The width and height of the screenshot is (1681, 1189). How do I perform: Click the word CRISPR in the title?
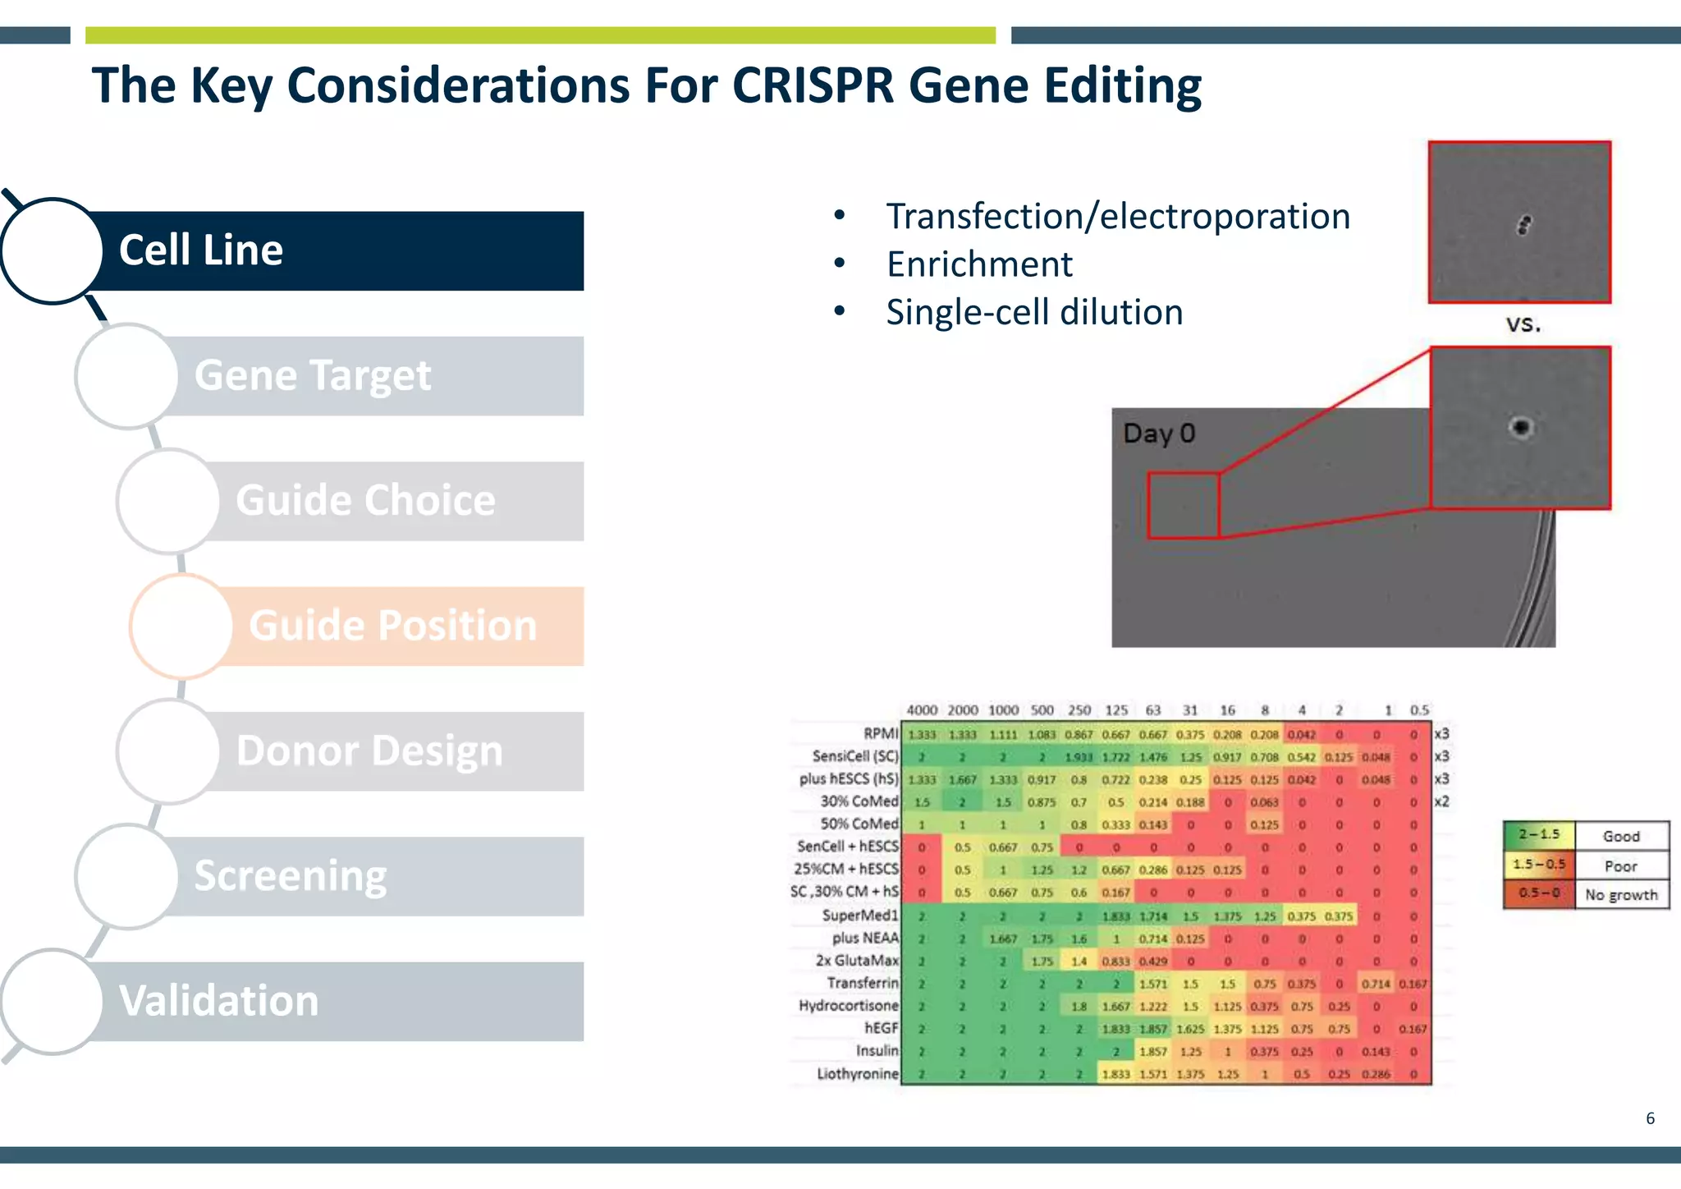[x=812, y=85]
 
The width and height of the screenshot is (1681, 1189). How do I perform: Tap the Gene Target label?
[x=312, y=376]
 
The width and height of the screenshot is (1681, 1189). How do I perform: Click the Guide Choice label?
[x=365, y=501]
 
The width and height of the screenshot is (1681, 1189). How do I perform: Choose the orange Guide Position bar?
[x=394, y=626]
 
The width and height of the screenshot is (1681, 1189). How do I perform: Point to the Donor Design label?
[x=369, y=751]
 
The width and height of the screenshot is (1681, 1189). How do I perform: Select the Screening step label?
[x=290, y=876]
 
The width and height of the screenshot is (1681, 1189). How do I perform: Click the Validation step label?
[x=218, y=1001]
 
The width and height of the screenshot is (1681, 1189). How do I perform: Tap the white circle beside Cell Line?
[x=52, y=250]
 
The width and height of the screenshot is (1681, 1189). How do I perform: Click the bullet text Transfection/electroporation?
[x=1118, y=217]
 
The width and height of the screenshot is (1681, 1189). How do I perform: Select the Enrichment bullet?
[x=979, y=264]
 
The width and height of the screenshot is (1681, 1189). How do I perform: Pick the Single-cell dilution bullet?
[x=1034, y=313]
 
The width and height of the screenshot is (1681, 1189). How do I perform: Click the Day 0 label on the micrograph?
[x=1158, y=434]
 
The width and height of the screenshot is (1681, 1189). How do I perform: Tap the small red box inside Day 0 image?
[x=1183, y=505]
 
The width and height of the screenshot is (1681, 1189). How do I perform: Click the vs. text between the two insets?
[x=1523, y=324]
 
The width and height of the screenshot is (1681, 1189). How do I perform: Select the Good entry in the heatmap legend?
[x=1620, y=836]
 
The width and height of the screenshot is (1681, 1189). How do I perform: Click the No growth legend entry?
[x=1620, y=894]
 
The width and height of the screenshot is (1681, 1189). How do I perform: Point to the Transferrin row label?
[x=862, y=983]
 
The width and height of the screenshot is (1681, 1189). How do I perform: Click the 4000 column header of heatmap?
[x=921, y=710]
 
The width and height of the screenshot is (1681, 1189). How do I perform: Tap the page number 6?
[x=1650, y=1118]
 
